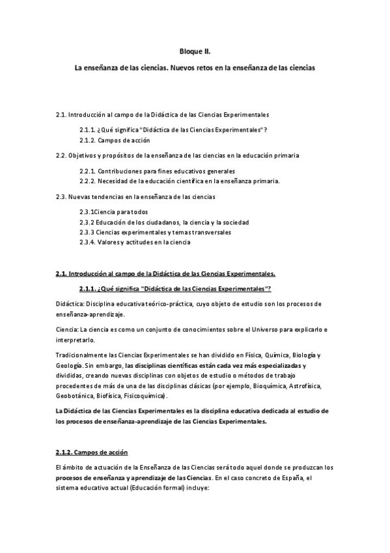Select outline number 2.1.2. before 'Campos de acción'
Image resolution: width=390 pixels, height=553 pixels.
click(89, 140)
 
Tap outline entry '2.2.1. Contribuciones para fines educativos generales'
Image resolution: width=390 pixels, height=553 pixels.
click(159, 171)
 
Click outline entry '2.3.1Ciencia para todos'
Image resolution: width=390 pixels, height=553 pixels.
click(114, 212)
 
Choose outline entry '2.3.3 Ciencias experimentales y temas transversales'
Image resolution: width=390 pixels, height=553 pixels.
click(155, 232)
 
